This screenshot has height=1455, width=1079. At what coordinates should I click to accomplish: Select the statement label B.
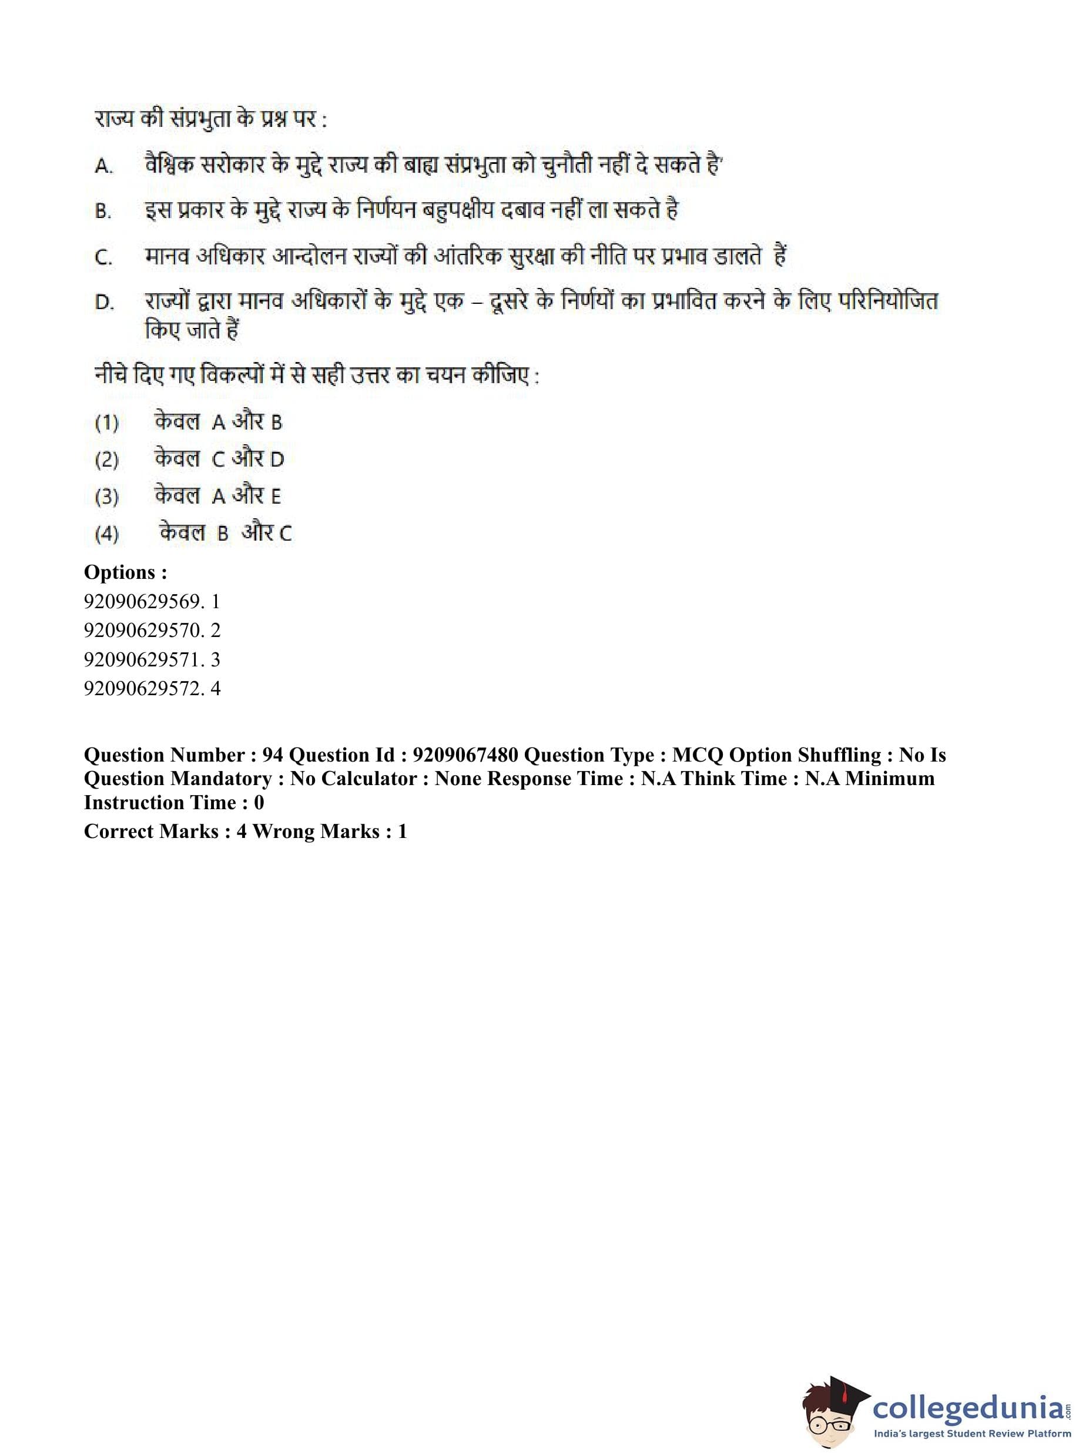[102, 212]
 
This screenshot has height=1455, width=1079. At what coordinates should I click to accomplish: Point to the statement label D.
[104, 303]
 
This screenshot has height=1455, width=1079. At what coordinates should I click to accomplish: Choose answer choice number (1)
[106, 423]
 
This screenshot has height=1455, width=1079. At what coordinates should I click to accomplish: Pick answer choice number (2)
[106, 460]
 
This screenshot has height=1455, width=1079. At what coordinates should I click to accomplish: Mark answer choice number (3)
[106, 498]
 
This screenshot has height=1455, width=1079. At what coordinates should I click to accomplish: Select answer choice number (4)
[106, 534]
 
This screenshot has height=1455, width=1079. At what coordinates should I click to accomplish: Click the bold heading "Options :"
[125, 573]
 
